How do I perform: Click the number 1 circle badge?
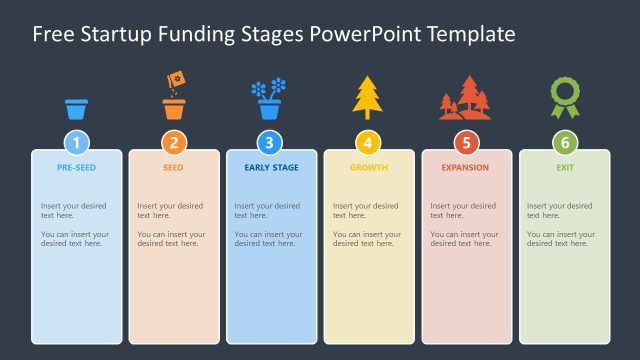(x=77, y=142)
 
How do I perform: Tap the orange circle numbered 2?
(x=174, y=142)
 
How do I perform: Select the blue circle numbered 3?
(x=270, y=142)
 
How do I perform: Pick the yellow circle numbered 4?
(x=368, y=142)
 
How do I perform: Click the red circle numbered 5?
(x=466, y=142)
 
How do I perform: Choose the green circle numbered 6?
(x=564, y=142)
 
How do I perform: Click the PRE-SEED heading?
(x=77, y=168)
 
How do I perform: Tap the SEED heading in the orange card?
(x=174, y=168)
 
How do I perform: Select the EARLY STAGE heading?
(x=271, y=168)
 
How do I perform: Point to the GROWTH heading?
(x=368, y=168)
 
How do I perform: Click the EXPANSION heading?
(x=466, y=168)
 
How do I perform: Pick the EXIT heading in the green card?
(x=564, y=168)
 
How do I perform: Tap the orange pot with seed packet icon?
(x=174, y=97)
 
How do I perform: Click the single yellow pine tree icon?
(x=367, y=98)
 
